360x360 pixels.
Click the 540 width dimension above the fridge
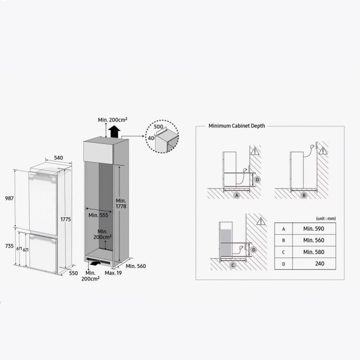click(59, 157)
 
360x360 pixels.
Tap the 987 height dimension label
click(9, 198)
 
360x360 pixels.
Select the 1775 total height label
click(66, 220)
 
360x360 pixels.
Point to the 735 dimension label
click(9, 246)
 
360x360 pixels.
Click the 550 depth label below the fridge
click(74, 273)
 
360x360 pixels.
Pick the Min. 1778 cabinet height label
click(121, 204)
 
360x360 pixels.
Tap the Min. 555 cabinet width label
click(98, 215)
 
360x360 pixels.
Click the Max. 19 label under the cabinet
click(113, 273)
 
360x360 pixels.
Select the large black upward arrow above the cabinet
click(114, 132)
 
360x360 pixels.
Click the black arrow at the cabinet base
click(96, 263)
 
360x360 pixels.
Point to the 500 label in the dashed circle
click(158, 127)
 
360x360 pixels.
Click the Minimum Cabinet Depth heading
click(236, 126)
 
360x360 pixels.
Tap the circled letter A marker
click(236, 196)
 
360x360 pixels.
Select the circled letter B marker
click(304, 196)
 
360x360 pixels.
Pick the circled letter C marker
click(233, 265)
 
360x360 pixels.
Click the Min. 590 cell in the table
click(314, 229)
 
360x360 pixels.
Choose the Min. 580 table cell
click(314, 252)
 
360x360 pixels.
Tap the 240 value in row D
click(320, 263)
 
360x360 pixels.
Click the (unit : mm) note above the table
click(326, 218)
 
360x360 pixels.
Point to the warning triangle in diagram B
click(323, 150)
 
